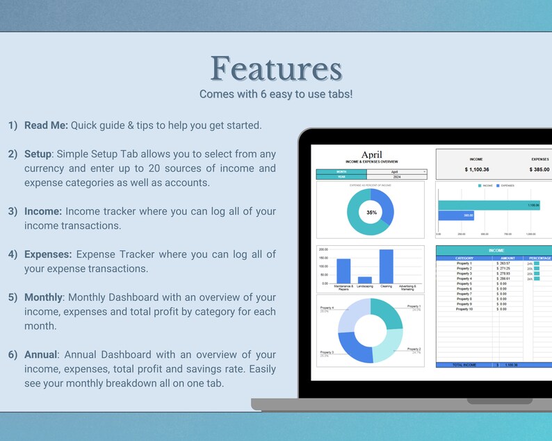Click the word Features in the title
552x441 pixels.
(x=276, y=69)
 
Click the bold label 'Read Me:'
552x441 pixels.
(x=46, y=125)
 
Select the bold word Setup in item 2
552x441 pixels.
(x=40, y=153)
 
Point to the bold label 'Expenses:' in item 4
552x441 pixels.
(x=49, y=254)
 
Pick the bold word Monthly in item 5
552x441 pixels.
(x=43, y=297)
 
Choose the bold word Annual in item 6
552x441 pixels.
(x=41, y=355)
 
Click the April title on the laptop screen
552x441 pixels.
(x=372, y=155)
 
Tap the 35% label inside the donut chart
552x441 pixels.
(x=371, y=213)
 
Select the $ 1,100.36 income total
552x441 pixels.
(x=476, y=169)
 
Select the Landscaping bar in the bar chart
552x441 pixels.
(x=364, y=280)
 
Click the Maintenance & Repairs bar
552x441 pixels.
(x=343, y=271)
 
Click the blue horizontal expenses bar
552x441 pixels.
(x=455, y=215)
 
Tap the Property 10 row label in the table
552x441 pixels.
(x=464, y=308)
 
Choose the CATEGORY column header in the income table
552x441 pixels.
(x=464, y=258)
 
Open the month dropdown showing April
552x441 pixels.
(x=396, y=171)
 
